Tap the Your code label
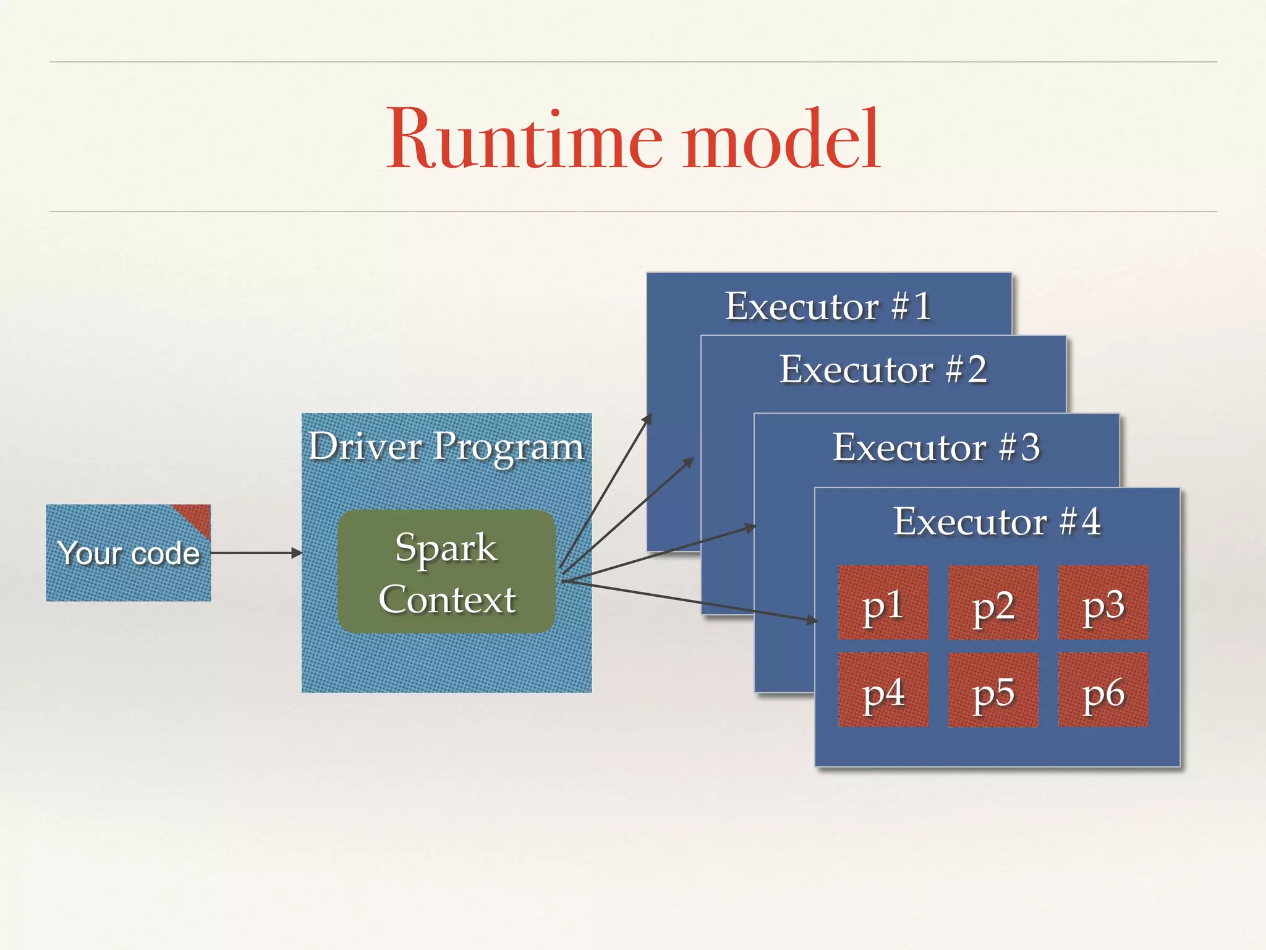[129, 553]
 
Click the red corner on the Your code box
[197, 516]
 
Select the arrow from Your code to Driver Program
[256, 553]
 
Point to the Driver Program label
[446, 447]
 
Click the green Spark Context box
[446, 572]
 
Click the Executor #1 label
[828, 306]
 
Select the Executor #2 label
[883, 370]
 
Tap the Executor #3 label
[936, 447]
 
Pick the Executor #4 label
[996, 521]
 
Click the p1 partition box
[883, 602]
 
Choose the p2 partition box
[993, 602]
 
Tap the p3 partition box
[1103, 602]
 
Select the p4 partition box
[883, 690]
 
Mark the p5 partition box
[993, 690]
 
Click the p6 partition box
[1103, 690]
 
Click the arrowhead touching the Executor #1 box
[648, 419]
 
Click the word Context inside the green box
[447, 599]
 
